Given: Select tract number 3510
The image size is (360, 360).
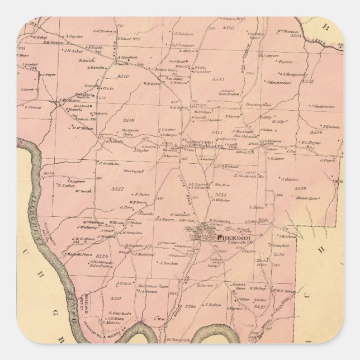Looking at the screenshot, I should (x=123, y=76).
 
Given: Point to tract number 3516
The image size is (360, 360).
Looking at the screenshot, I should (x=129, y=120).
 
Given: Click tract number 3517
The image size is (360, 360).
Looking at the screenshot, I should (x=117, y=188).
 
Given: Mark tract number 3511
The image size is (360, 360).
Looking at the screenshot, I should (x=218, y=79).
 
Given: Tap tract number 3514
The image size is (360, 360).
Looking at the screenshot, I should (x=316, y=132).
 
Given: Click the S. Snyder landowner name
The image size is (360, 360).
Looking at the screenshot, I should (x=74, y=36).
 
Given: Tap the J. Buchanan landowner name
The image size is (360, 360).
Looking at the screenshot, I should (x=323, y=106).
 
